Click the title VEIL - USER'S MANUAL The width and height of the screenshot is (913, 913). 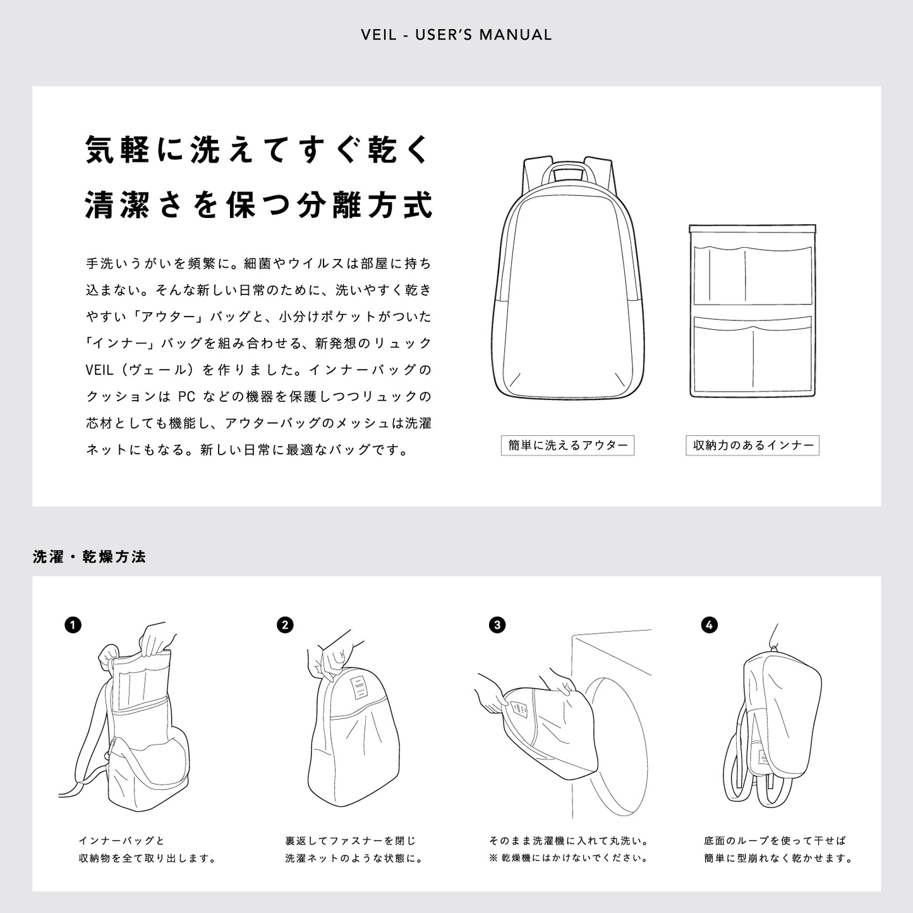(x=456, y=35)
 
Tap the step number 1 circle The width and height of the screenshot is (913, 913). (x=73, y=626)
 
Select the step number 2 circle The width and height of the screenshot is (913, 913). (x=285, y=626)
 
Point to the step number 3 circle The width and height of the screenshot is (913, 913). (x=497, y=626)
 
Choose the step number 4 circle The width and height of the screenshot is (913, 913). (x=710, y=626)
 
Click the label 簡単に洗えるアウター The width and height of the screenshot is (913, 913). (x=567, y=445)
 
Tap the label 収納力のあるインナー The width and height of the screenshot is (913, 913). (x=753, y=445)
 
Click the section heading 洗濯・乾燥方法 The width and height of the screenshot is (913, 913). (x=89, y=557)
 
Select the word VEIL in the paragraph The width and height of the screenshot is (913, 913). (x=99, y=370)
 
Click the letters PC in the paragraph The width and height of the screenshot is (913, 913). (x=186, y=397)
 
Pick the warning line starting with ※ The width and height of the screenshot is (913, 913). (x=569, y=858)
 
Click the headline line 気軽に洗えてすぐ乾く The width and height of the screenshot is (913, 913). (x=258, y=150)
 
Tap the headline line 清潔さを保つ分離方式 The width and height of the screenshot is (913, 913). (x=258, y=205)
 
